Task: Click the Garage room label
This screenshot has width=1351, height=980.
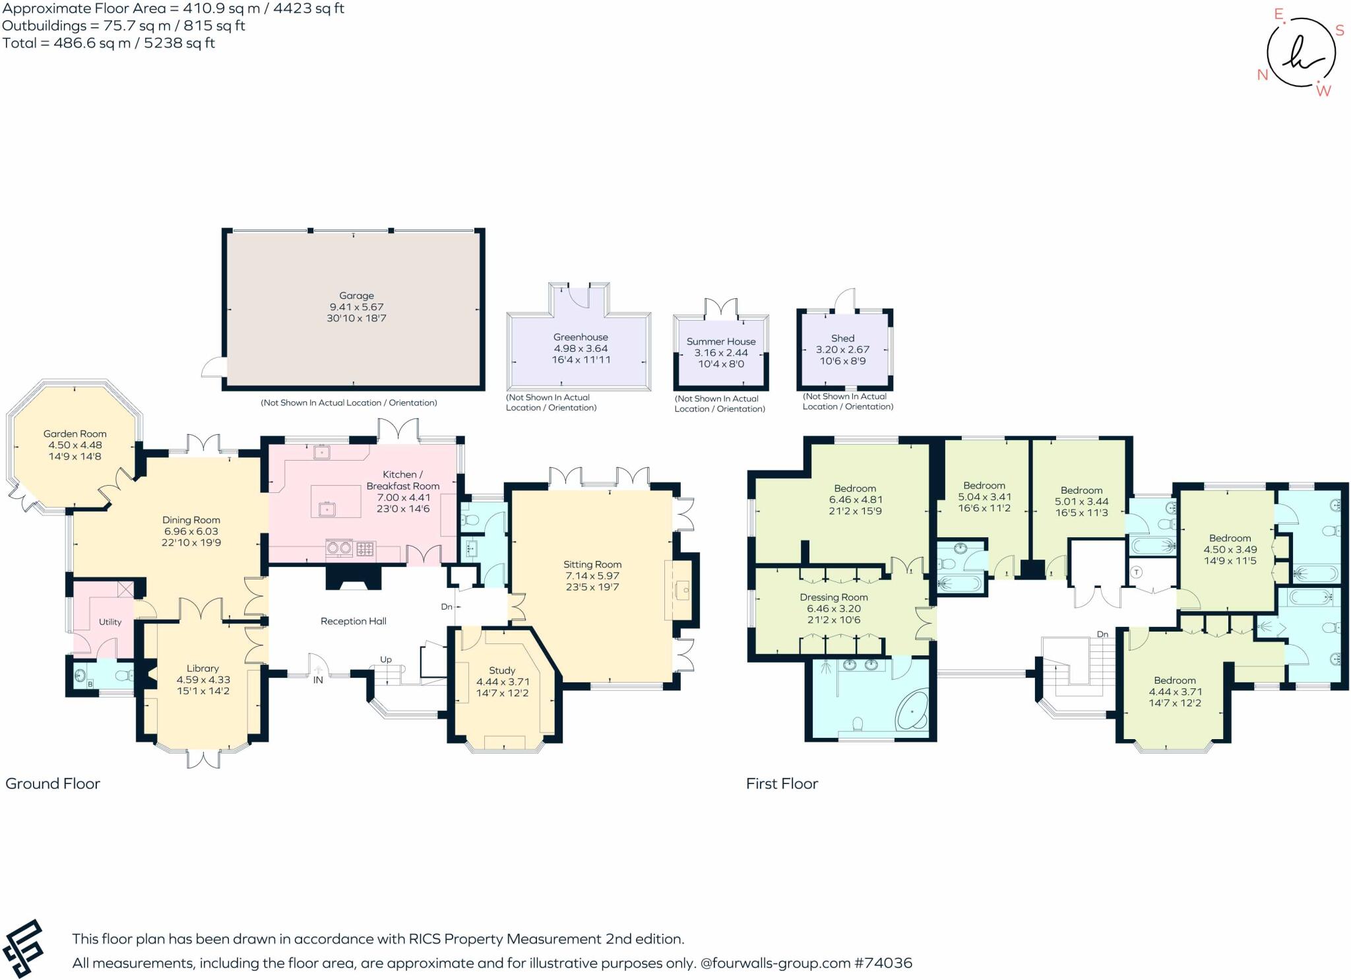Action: (x=356, y=296)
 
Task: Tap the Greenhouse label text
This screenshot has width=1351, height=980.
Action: (x=581, y=337)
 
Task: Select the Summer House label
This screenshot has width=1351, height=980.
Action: (x=721, y=341)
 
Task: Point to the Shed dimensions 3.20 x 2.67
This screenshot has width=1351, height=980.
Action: (x=842, y=350)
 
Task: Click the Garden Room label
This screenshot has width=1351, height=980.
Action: (x=75, y=434)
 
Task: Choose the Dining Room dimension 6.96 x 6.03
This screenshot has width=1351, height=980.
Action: (x=191, y=531)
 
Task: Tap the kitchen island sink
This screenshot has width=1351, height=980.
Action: (x=325, y=509)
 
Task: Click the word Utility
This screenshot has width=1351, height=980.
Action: (x=110, y=622)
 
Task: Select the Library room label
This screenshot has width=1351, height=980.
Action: (x=203, y=669)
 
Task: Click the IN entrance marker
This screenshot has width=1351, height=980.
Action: (x=318, y=680)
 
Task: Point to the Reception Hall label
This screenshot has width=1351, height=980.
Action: (x=353, y=621)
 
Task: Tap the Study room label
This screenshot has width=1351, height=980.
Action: (x=502, y=670)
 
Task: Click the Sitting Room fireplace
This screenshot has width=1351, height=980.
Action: (x=681, y=589)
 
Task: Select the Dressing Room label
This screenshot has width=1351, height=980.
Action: (x=833, y=597)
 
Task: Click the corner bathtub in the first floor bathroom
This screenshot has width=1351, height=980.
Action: (x=912, y=711)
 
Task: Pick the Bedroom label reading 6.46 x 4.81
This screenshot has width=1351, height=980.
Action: (x=855, y=500)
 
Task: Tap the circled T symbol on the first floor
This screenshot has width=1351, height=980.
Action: (x=1136, y=572)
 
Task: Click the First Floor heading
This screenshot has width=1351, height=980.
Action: (x=782, y=783)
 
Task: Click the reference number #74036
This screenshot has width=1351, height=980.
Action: (x=883, y=963)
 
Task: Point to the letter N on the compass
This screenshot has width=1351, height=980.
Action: (x=1263, y=75)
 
